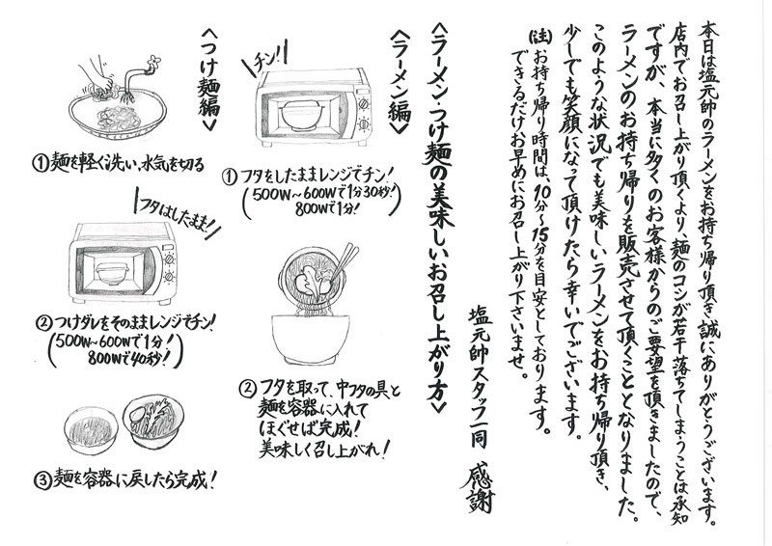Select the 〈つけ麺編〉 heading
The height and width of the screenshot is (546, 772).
(209, 80)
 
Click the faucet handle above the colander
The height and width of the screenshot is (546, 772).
(154, 61)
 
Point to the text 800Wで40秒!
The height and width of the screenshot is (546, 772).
(133, 360)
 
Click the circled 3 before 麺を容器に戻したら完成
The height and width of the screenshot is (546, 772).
(42, 480)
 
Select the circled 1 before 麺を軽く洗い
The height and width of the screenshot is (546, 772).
(41, 163)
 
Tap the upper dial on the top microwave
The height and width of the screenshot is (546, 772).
(365, 104)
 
